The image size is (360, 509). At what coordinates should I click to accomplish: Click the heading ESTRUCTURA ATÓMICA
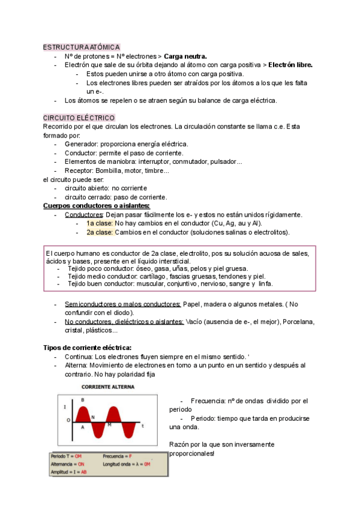pos(82,47)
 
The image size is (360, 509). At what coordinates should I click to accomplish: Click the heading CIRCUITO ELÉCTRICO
pos(79,118)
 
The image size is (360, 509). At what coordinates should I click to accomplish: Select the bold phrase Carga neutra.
pos(186,56)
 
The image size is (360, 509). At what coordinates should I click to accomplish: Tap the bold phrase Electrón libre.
pos(290,65)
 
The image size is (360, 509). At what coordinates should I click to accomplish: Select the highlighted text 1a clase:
pos(100,223)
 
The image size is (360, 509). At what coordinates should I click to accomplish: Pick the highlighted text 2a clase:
pos(100,232)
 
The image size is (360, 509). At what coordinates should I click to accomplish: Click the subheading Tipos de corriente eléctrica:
pos(88,348)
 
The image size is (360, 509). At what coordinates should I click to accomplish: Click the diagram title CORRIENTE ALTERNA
pos(108,387)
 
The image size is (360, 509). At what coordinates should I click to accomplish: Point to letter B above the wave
pos(83,400)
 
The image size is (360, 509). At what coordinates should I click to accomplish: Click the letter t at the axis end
pos(143,426)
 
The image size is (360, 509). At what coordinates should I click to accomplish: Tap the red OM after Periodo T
pos(78,457)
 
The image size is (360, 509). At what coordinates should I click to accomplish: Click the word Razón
pos(181,444)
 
